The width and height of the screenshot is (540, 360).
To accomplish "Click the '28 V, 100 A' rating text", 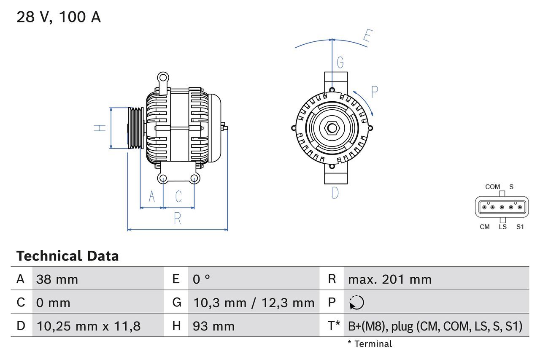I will pyautogui.click(x=59, y=17).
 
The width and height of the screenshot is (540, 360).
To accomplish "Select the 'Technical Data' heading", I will pyautogui.click(x=67, y=256).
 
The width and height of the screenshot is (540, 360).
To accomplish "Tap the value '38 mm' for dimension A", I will pyautogui.click(x=57, y=279).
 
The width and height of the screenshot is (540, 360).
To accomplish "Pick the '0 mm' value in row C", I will pyautogui.click(x=53, y=303).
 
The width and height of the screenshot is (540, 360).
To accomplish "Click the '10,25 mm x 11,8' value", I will pyautogui.click(x=89, y=326).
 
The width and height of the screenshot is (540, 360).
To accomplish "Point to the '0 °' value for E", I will pyautogui.click(x=201, y=279).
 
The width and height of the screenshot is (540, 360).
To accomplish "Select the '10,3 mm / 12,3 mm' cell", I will pyautogui.click(x=254, y=303).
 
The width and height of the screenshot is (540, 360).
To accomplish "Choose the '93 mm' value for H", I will pyautogui.click(x=213, y=326).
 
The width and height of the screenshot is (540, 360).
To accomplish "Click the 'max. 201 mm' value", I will pyautogui.click(x=389, y=279).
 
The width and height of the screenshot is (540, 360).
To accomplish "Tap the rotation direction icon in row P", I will pyautogui.click(x=356, y=303).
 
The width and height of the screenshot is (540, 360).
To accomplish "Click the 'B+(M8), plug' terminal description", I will pyautogui.click(x=435, y=326).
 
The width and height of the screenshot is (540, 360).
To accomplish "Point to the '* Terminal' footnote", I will pyautogui.click(x=370, y=344).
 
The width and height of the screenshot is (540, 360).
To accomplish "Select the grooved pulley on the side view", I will pyautogui.click(x=135, y=128).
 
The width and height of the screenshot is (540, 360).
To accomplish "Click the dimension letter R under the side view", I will pyautogui.click(x=178, y=219).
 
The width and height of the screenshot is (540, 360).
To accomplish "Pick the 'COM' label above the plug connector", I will pyautogui.click(x=492, y=187).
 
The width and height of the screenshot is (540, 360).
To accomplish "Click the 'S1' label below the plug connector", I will pyautogui.click(x=520, y=227).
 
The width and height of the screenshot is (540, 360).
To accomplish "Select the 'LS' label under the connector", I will pyautogui.click(x=502, y=227).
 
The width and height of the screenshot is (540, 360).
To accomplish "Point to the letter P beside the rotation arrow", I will pyautogui.click(x=374, y=92).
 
